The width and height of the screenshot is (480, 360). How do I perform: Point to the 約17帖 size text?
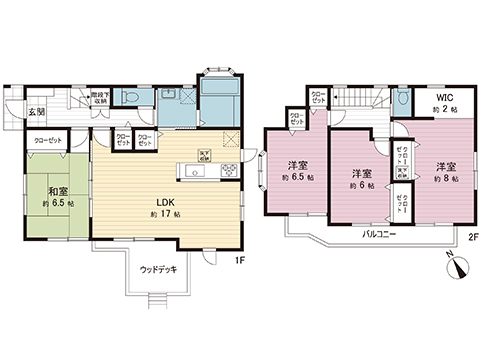tap(164, 215)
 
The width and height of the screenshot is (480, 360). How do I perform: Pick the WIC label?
tap(444, 98)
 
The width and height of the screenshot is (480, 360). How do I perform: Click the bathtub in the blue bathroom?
tap(219, 101)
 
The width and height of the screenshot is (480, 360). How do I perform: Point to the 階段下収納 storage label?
tap(99, 97)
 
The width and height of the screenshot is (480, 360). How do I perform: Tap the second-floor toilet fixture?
tap(401, 100)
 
